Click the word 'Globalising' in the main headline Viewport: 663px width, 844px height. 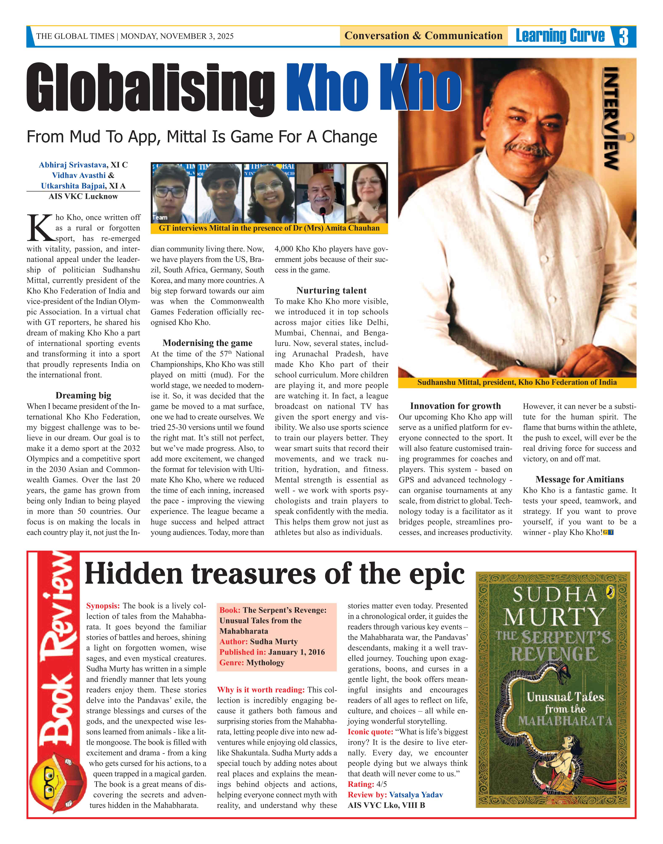(151, 89)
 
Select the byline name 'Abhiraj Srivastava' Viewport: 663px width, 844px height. (72, 165)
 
